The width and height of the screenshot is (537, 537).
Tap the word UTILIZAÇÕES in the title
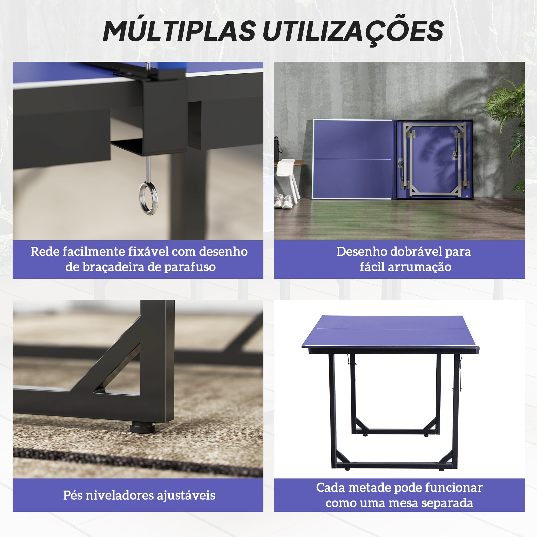pyautogui.click(x=353, y=31)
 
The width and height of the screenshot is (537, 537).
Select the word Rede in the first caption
pyautogui.click(x=44, y=252)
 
